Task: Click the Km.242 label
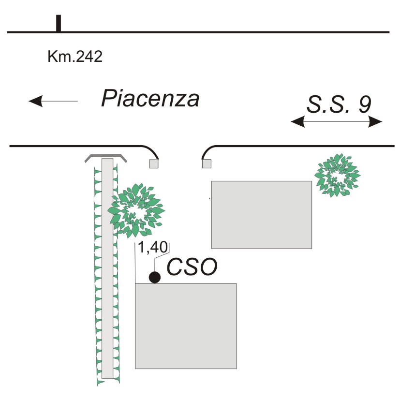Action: tap(75, 57)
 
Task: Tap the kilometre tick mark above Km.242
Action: tap(59, 23)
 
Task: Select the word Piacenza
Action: tap(150, 99)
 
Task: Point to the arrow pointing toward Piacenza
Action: tap(53, 101)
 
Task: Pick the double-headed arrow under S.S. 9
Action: tap(337, 122)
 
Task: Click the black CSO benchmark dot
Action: tap(154, 277)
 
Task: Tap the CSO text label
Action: tap(192, 267)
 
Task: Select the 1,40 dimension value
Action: tap(152, 248)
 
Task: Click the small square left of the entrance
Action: tap(154, 164)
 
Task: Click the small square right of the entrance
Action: tap(207, 164)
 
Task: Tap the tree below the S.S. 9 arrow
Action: tap(337, 175)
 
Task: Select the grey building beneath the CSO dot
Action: tap(186, 326)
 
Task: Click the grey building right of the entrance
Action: tap(261, 214)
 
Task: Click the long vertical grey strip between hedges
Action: tap(107, 271)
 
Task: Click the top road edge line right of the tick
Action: tap(222, 32)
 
